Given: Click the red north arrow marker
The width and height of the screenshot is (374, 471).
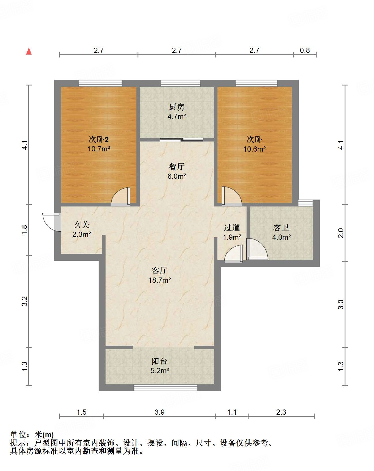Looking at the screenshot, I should pos(29,51).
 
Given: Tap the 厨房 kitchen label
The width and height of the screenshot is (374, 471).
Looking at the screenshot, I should pos(176,107).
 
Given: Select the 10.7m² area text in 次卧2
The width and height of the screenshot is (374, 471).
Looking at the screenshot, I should pos(99,149).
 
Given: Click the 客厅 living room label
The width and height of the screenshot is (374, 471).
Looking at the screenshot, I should pos(159,270).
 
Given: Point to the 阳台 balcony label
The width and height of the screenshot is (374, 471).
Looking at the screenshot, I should pos(159,361).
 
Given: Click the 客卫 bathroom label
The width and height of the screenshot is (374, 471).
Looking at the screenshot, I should pos(281,228).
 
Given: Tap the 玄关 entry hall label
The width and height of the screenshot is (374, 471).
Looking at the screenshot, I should pos(82,224).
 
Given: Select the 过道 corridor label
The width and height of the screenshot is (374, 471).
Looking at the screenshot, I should pos(232,228).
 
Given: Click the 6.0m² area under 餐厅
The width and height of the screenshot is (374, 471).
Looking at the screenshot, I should pos(177,176).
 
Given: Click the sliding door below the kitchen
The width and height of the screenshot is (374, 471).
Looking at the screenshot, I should pos(182,140).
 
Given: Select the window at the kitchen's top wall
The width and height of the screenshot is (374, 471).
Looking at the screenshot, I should pos(181,83).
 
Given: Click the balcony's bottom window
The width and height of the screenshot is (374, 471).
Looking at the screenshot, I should pos(166,388).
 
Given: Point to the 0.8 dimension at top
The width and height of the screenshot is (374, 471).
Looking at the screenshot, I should pos(305,50).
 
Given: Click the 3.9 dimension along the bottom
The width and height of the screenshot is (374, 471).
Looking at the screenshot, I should pos(159,412).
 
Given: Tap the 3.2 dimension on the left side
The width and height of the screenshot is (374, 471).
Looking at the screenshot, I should pos(25,301).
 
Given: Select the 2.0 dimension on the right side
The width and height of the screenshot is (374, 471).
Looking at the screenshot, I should pos(341,233).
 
